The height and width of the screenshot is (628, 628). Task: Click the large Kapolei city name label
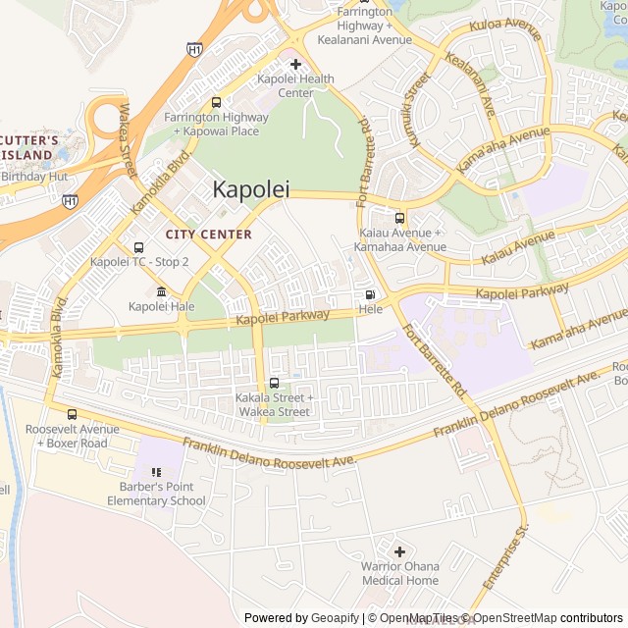coord(251,189)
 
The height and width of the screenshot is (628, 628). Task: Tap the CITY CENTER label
coord(208,235)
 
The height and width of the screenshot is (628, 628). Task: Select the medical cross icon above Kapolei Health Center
coord(295,64)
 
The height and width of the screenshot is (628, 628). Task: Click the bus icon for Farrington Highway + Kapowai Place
coord(216,102)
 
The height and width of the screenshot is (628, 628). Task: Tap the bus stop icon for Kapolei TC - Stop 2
coord(138,247)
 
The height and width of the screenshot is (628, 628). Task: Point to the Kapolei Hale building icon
coord(161,291)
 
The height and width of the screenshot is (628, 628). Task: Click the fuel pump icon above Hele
coord(370,294)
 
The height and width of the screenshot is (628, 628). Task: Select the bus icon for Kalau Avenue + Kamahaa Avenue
coord(399,218)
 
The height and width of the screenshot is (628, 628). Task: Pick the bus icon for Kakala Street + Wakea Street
coord(273,383)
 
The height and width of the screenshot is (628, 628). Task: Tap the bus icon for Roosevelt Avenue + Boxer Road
coord(72,414)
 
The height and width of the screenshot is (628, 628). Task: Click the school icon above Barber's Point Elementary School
coord(156,471)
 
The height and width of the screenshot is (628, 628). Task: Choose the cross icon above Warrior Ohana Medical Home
coord(399,550)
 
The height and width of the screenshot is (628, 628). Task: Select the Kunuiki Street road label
coord(416,110)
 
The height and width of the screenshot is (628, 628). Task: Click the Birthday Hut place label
coord(34,177)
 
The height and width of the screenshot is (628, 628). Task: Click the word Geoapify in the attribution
coord(337,618)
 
